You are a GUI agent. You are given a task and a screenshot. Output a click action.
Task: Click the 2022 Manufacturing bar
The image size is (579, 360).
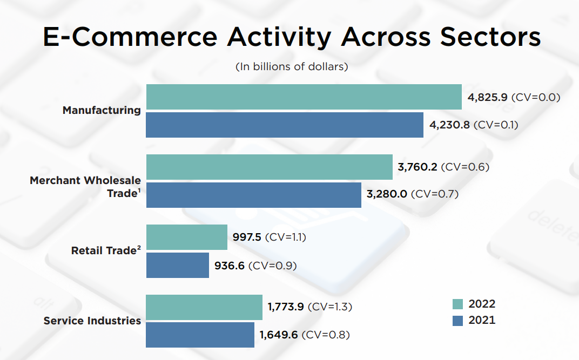(304, 97)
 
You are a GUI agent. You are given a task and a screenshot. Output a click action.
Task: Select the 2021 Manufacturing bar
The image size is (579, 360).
(285, 125)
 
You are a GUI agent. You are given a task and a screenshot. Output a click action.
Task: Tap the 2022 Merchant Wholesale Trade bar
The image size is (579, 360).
(269, 167)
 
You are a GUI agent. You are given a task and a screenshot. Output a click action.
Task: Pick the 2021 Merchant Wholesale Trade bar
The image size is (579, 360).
(253, 194)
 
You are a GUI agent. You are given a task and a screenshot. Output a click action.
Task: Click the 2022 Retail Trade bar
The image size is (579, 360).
(186, 237)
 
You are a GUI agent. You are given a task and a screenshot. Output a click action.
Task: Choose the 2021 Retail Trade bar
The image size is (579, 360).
(177, 265)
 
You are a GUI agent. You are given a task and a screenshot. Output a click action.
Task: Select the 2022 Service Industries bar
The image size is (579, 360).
(204, 307)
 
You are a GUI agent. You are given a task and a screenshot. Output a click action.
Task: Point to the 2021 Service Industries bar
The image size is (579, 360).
(200, 335)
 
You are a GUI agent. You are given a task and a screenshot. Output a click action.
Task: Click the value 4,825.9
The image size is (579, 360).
(487, 98)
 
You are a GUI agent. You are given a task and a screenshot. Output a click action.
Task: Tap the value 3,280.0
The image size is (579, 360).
(387, 194)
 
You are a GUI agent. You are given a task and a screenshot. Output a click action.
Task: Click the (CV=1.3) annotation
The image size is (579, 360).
(330, 307)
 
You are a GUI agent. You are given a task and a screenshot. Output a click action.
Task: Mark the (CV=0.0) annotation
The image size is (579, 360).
(536, 98)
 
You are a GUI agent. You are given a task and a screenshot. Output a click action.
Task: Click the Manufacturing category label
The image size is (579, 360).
(102, 110)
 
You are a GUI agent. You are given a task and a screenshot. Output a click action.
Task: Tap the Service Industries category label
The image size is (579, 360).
(92, 321)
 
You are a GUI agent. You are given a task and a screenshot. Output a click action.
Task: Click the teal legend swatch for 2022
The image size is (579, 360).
(457, 304)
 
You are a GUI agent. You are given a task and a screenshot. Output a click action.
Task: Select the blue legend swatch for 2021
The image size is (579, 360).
(457, 321)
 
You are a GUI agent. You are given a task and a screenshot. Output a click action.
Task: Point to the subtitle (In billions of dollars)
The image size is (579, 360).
(292, 67)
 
